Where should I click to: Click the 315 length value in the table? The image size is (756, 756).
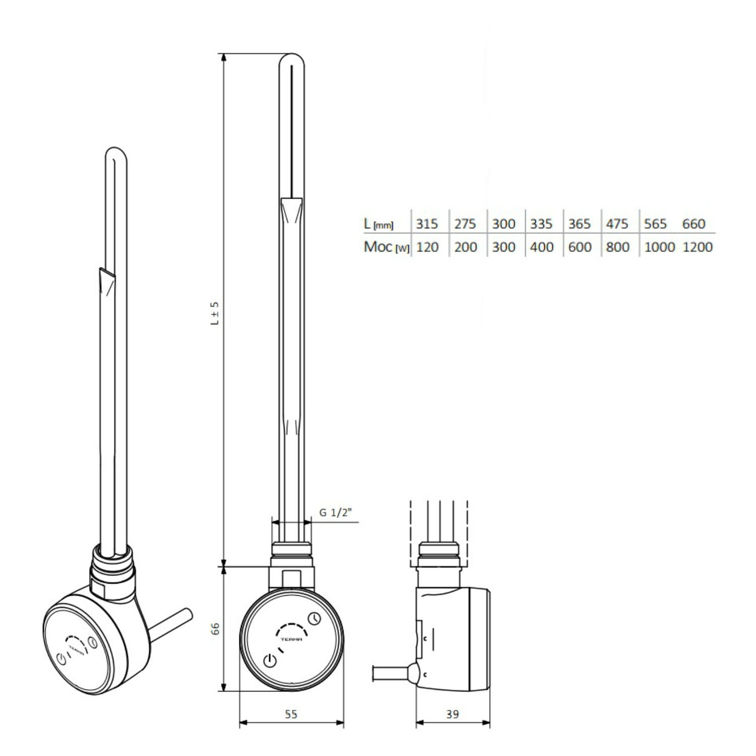427,224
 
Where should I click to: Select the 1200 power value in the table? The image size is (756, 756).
698,247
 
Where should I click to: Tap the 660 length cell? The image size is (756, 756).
694,224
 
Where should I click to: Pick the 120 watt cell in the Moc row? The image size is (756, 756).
427,247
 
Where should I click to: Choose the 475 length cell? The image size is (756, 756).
617,224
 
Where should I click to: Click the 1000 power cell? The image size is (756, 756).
659,247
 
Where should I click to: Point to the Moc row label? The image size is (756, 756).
387,247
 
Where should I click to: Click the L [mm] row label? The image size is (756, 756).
379,224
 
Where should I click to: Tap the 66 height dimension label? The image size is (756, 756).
215,628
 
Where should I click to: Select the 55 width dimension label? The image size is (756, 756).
291,714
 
